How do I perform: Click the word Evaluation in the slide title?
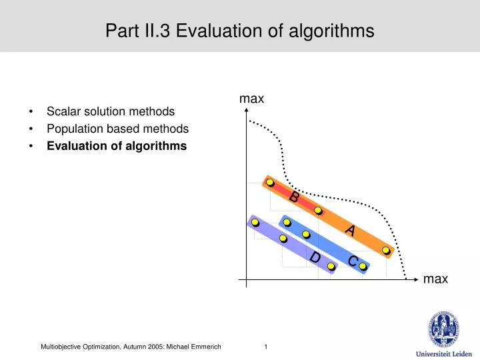point(212,31)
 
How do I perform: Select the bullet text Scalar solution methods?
point(111,111)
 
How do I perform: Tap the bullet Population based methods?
point(117,129)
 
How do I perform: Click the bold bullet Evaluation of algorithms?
point(117,146)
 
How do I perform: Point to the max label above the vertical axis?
point(252,99)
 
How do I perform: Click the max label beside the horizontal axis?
point(435,279)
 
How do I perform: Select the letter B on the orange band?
point(294,197)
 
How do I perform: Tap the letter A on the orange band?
point(349,231)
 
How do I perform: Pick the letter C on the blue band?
point(353,261)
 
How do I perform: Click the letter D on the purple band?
point(315,257)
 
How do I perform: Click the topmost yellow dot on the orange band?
point(270,183)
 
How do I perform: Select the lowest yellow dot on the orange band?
point(386,251)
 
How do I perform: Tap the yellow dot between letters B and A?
point(319,211)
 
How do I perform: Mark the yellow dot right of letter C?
point(363,267)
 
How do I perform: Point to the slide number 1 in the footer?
point(266,346)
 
